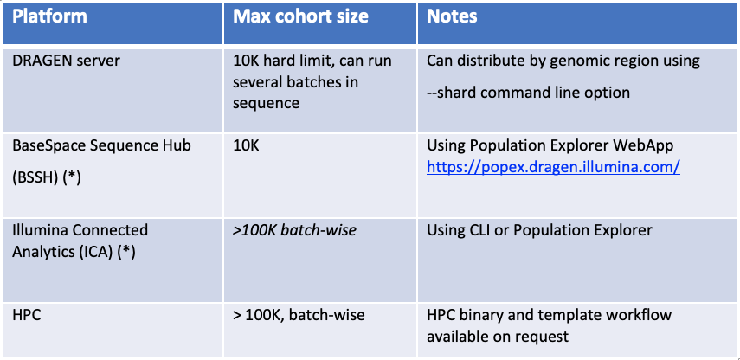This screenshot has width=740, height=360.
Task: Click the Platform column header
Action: tap(50, 16)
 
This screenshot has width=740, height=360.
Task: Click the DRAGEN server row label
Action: tap(68, 61)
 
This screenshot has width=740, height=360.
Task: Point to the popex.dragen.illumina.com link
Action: tap(552, 166)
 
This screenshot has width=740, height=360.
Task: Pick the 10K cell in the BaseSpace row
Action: tap(246, 146)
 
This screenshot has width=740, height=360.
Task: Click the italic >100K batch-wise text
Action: tap(293, 230)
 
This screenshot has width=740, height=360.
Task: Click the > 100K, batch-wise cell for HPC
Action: tap(299, 314)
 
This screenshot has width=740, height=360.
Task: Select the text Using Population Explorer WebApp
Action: tap(550, 146)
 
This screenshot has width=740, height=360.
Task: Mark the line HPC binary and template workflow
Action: tap(549, 314)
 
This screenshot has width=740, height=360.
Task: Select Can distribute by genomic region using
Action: tap(563, 61)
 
